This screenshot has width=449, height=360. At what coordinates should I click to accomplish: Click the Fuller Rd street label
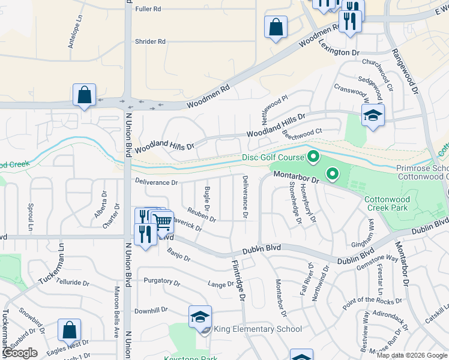coord(148,9)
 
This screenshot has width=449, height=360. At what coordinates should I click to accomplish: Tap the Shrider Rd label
coord(150,41)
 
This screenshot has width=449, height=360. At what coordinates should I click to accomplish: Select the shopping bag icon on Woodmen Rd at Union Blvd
coord(84,95)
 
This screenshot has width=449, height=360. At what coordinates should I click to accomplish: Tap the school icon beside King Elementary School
coord(200,317)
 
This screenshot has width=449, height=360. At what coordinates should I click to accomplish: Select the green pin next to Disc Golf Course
coord(313,158)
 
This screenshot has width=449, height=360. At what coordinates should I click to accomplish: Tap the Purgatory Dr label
coord(158,281)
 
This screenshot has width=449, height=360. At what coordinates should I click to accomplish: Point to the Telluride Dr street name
coord(73,281)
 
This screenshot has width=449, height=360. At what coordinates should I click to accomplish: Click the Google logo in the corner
coord(20,353)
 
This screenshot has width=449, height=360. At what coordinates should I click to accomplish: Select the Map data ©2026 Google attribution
coord(412,355)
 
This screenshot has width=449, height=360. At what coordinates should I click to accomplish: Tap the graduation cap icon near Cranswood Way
coord(372,116)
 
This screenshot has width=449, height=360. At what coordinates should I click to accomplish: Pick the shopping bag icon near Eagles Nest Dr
coord(69,330)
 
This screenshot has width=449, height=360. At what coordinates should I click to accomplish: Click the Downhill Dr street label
coord(151,311)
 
